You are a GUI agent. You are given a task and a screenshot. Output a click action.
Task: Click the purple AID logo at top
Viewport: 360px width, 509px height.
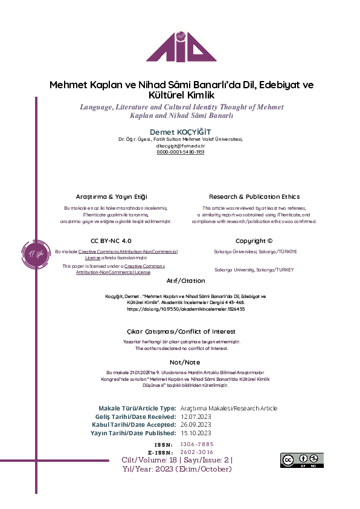(181, 41)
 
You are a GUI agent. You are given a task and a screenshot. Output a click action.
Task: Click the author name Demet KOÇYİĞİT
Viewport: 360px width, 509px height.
(181, 132)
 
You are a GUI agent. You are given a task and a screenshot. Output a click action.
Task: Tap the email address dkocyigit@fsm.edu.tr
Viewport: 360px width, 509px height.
(181, 146)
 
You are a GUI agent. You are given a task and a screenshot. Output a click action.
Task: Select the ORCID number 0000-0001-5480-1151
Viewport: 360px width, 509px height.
(181, 152)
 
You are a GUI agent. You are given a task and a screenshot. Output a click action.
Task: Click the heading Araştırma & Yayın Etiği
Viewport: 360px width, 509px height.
(111, 196)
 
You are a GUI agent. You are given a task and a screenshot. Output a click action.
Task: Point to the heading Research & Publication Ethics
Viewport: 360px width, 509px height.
(254, 196)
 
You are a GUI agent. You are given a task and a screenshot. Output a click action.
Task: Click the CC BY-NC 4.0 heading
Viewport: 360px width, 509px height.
(111, 240)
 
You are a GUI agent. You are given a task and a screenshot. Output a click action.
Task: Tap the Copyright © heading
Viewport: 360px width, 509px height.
(254, 240)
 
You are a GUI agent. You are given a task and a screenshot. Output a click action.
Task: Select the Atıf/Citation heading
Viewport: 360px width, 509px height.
(185, 280)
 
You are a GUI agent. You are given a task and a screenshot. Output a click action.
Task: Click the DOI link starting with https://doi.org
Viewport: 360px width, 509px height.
(185, 308)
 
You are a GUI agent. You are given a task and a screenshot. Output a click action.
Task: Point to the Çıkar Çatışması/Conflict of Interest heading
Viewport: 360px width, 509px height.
(181, 331)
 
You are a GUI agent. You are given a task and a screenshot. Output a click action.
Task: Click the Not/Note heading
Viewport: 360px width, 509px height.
(181, 362)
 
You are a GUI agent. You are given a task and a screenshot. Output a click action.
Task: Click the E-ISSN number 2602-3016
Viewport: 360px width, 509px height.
(196, 452)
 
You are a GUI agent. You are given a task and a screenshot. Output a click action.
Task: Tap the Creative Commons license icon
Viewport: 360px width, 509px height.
(301, 460)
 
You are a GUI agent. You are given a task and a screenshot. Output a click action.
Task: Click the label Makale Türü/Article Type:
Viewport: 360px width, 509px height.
(137, 408)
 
